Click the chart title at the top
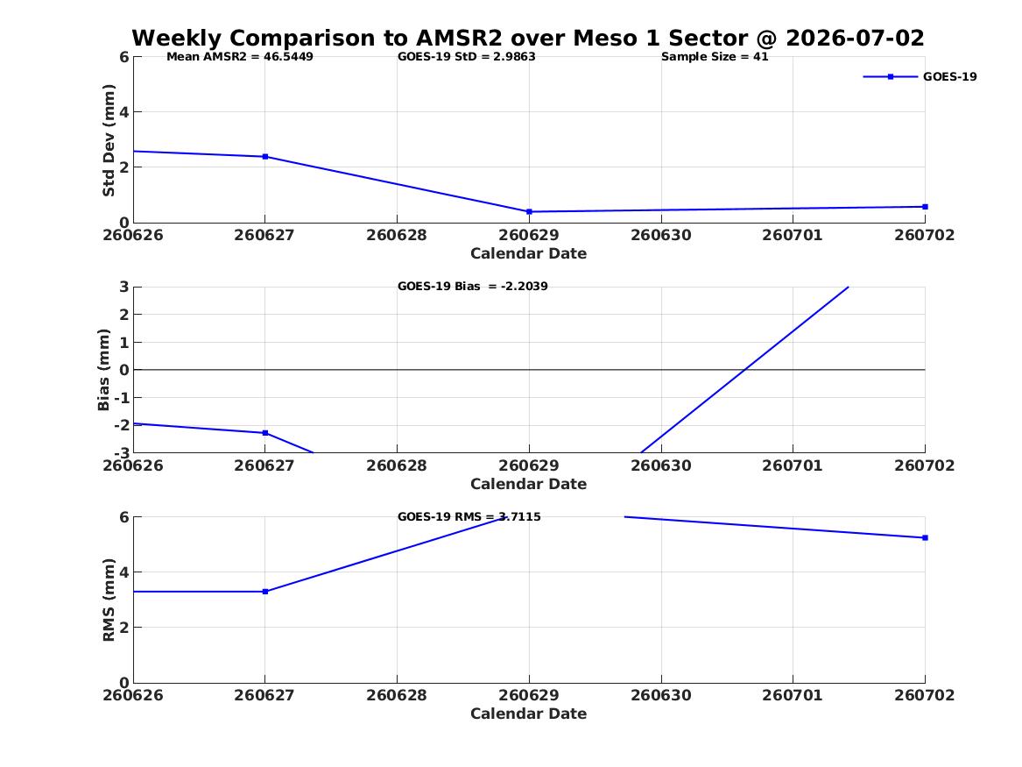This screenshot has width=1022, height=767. tap(528, 38)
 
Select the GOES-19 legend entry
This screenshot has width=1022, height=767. tap(920, 76)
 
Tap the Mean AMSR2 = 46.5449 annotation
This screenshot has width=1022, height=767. tap(240, 57)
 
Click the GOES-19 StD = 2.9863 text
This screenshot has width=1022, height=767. tap(467, 57)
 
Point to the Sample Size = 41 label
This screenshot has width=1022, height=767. tap(715, 57)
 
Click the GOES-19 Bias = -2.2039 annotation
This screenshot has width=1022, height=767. tap(473, 287)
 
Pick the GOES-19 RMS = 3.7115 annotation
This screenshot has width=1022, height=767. tap(469, 516)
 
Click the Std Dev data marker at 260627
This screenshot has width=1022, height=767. tap(265, 157)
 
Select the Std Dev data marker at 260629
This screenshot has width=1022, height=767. tap(529, 211)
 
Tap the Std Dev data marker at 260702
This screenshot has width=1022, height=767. tap(925, 207)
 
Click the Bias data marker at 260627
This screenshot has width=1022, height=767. tap(265, 433)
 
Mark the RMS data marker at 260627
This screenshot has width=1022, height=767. tap(265, 592)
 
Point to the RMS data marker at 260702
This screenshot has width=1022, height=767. tap(925, 537)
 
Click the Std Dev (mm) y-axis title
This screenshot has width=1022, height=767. tap(109, 140)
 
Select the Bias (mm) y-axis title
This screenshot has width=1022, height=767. tap(103, 370)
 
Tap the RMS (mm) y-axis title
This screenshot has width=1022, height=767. tap(109, 600)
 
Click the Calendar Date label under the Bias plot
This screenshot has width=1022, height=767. tap(529, 484)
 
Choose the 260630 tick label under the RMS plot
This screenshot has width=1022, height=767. tap(661, 695)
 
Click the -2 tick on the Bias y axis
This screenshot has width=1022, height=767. tap(121, 425)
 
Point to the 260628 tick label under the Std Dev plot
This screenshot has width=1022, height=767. tap(397, 235)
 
